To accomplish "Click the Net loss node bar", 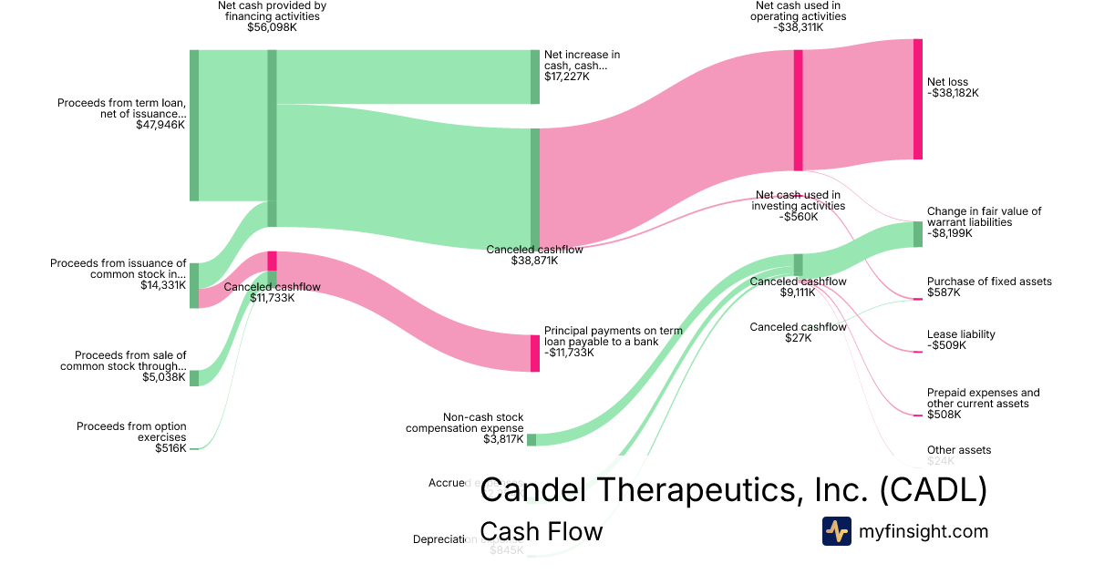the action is [x=918, y=99].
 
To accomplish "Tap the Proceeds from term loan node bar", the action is [x=193, y=125].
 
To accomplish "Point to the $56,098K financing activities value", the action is [x=272, y=27].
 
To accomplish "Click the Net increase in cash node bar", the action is [x=535, y=77].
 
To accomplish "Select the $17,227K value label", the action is [x=567, y=77].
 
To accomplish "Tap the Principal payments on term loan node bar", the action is [x=535, y=353].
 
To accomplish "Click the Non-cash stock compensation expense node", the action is [x=532, y=439].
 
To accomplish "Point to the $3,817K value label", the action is [x=503, y=439].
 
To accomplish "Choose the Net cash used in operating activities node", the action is [x=798, y=109].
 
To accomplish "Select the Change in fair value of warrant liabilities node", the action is [x=918, y=234].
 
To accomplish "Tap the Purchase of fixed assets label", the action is [x=989, y=282].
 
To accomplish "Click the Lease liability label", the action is [x=961, y=334].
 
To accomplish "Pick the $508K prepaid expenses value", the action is [x=944, y=415].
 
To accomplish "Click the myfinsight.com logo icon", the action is [x=836, y=531].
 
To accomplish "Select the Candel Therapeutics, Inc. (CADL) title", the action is [x=733, y=489].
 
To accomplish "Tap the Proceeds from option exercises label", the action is [x=131, y=432].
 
